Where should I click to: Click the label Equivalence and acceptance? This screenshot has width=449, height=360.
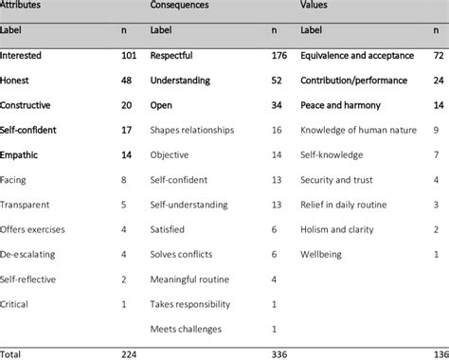[x=359, y=55]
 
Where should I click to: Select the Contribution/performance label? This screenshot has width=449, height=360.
[x=353, y=80]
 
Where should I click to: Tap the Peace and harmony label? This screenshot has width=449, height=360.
[x=341, y=104]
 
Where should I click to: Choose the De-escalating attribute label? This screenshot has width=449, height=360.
[x=30, y=254]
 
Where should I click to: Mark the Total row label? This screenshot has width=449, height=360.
[x=13, y=352]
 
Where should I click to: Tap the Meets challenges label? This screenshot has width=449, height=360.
[x=185, y=328]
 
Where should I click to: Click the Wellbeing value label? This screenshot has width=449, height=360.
[x=323, y=254]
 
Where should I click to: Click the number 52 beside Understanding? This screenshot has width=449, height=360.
[x=278, y=80]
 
